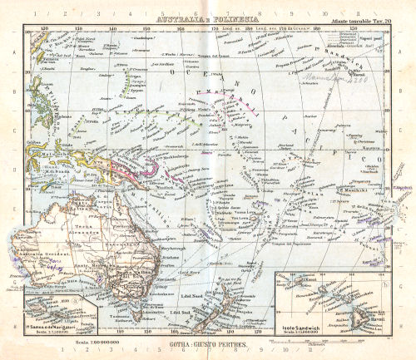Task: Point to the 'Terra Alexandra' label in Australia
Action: (78, 210)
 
